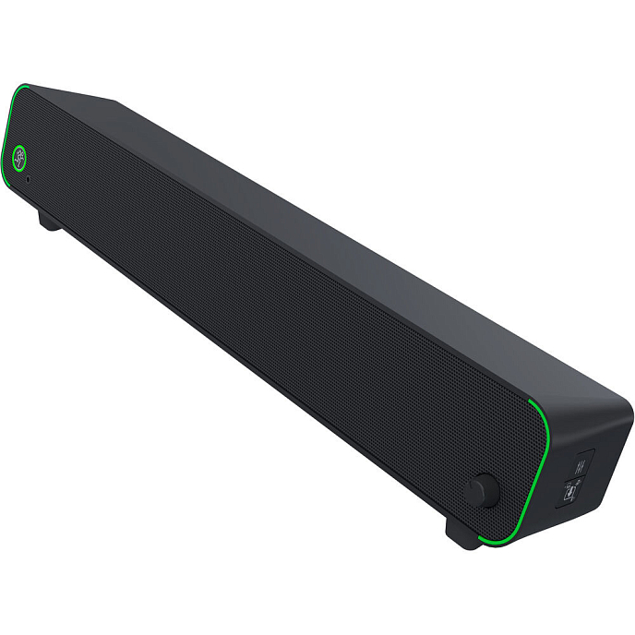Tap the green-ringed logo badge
(x=19, y=157)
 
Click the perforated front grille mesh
(x=258, y=305)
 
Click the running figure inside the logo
(x=19, y=157)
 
